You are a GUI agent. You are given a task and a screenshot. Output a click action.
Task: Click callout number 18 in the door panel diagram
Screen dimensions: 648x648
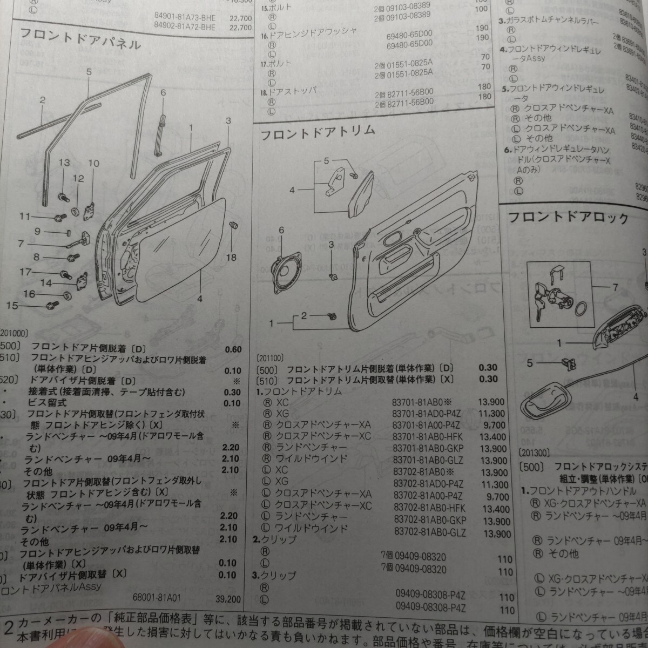click(231, 257)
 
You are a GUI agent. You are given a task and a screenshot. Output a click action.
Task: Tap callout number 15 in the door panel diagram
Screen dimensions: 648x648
click(12, 306)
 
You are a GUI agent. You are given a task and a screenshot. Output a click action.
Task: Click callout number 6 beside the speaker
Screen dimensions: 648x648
click(281, 231)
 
